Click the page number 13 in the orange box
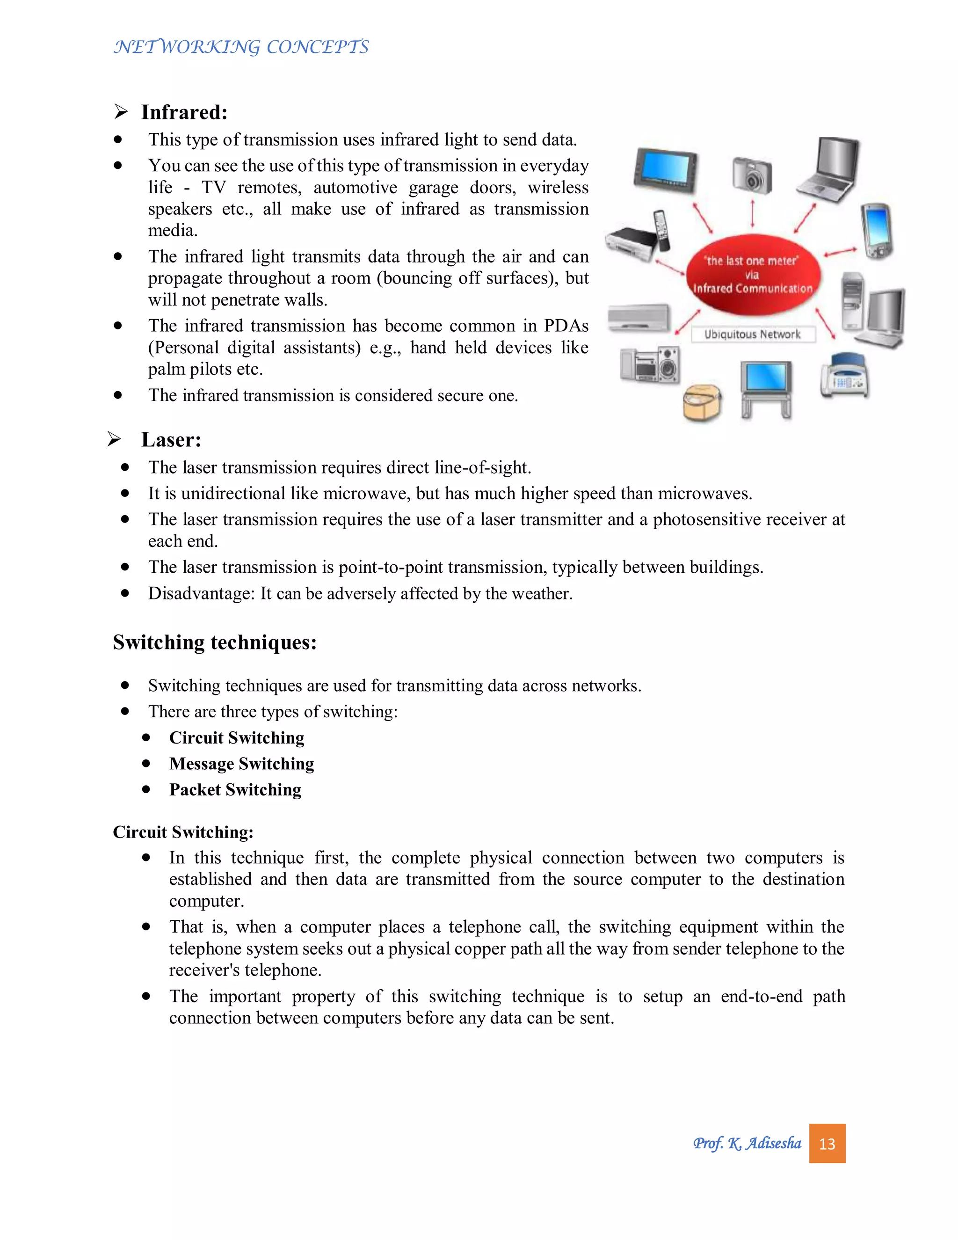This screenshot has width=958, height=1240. click(x=827, y=1144)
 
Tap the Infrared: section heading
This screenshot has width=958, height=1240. click(x=184, y=112)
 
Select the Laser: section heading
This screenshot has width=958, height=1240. click(x=171, y=440)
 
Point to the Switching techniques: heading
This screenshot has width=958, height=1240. click(x=215, y=642)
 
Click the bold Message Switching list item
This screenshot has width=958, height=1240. click(x=241, y=764)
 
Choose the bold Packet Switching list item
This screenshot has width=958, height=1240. click(x=235, y=790)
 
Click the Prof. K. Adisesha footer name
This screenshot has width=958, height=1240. click(x=747, y=1144)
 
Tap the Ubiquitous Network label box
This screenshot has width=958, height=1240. click(x=752, y=335)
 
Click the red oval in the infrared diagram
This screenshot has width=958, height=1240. click(x=752, y=275)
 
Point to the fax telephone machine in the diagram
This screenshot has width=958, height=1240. click(x=844, y=376)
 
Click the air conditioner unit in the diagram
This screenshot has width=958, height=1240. click(x=639, y=318)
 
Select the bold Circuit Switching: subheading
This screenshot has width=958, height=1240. click(x=183, y=832)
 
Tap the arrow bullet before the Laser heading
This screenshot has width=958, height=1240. click(x=114, y=439)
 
